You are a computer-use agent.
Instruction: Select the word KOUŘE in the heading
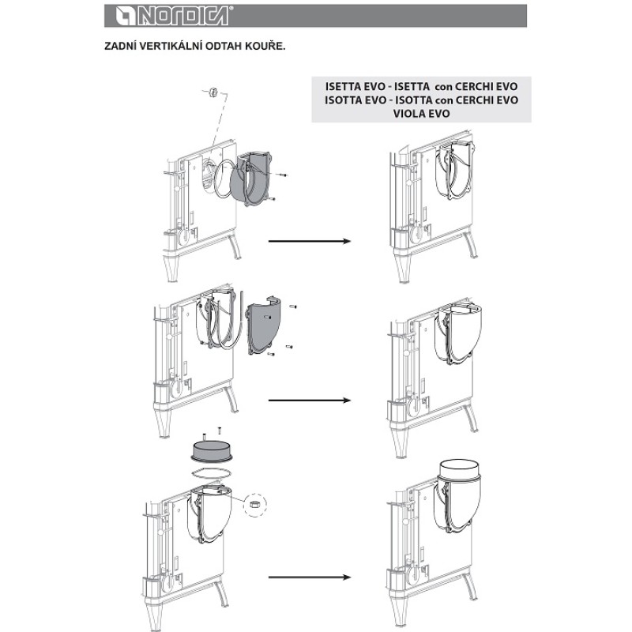coord(266,46)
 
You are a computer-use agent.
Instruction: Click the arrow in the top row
coord(309,242)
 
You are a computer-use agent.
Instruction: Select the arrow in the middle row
coord(309,401)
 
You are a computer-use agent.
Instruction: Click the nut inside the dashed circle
coord(255,503)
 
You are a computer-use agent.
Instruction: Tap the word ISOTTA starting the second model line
coord(346,100)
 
